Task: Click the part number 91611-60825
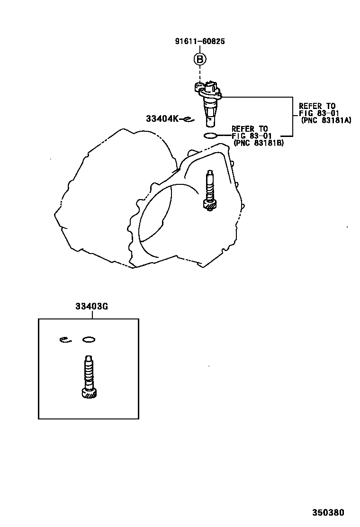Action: click(199, 41)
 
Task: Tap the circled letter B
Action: click(199, 59)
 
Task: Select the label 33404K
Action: click(162, 119)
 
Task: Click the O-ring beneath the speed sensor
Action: click(210, 136)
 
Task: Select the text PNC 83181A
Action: click(325, 120)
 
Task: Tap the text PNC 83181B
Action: click(258, 143)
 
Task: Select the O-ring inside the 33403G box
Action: click(89, 339)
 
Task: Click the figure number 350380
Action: click(328, 512)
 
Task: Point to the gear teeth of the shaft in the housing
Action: click(209, 206)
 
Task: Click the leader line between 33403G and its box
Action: click(91, 315)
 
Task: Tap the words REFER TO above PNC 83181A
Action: click(317, 106)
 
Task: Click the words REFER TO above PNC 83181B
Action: click(250, 129)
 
